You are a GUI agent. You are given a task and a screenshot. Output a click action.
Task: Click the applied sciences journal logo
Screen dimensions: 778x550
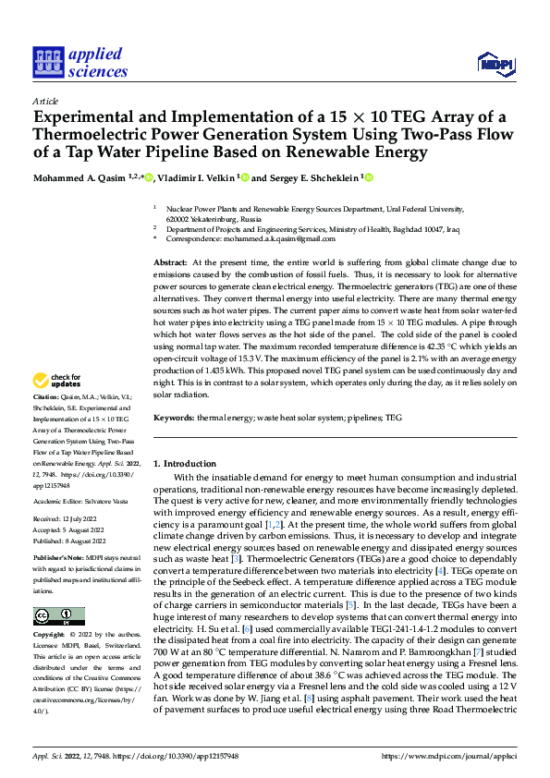79,63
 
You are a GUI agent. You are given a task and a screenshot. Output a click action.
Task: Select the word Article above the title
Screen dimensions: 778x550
44,100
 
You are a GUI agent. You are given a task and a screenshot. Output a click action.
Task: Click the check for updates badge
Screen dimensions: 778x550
59,406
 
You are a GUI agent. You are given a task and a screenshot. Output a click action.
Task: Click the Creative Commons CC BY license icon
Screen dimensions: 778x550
58,616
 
